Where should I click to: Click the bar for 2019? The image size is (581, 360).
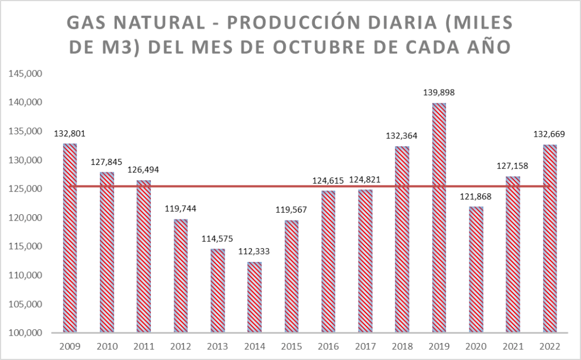tap(439, 218)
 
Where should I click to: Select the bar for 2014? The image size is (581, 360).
tap(254, 297)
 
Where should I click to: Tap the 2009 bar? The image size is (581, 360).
tap(70, 238)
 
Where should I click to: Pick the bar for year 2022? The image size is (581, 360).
tap(550, 239)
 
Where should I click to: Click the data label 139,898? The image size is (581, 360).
tap(439, 92)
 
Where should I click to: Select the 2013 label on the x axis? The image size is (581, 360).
tap(217, 346)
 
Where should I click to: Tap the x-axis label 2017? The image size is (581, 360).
tap(365, 346)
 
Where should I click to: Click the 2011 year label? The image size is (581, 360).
tap(144, 346)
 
